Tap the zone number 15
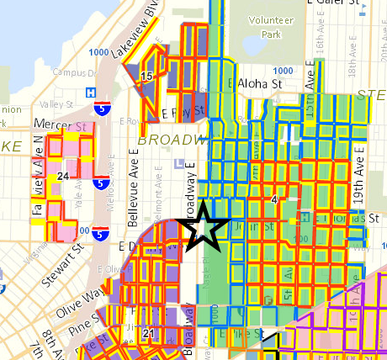click(146, 76)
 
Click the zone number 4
click(274, 199)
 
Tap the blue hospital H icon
click(90, 93)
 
